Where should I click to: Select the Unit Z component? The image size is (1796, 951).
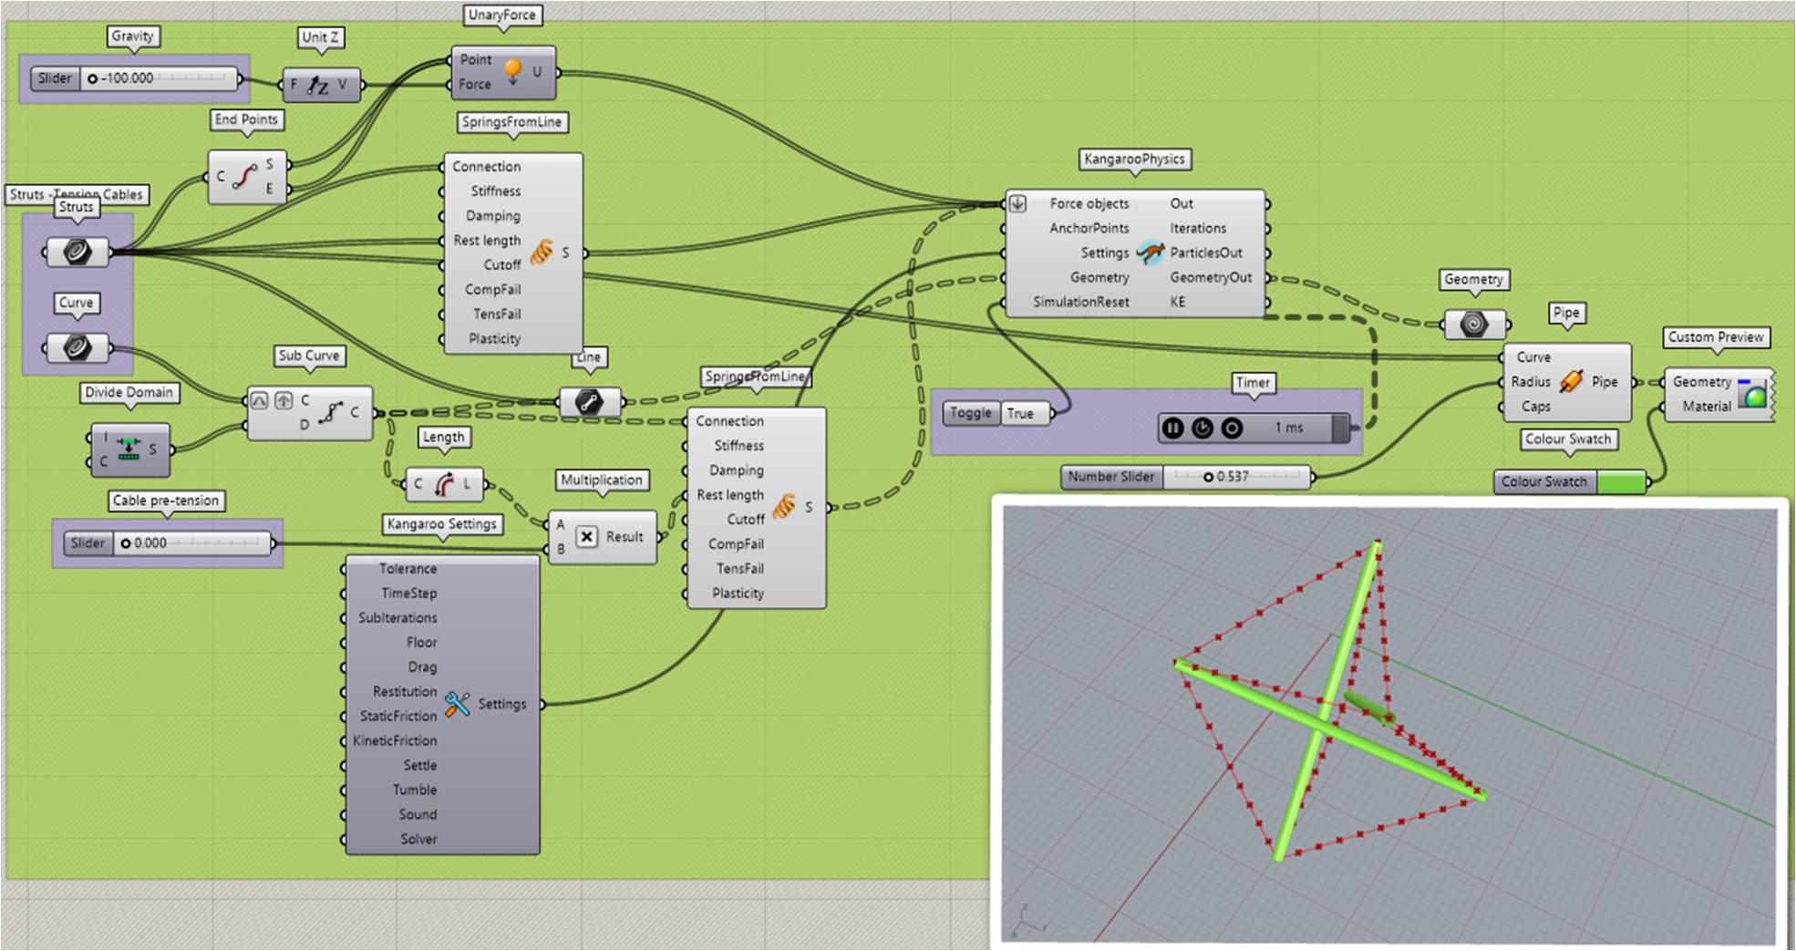(x=321, y=85)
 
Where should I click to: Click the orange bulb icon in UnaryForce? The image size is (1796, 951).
(x=512, y=70)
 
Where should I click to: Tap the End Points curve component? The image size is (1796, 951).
(x=247, y=177)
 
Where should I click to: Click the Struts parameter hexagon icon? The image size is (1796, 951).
(x=77, y=252)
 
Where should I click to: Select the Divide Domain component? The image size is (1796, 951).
(x=130, y=450)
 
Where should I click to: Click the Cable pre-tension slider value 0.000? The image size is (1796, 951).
(x=150, y=543)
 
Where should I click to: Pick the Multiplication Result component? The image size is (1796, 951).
(x=602, y=537)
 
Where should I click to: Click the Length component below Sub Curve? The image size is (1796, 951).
(x=444, y=484)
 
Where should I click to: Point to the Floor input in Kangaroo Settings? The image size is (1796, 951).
(x=421, y=643)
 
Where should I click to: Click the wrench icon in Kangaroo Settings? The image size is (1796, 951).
(x=458, y=704)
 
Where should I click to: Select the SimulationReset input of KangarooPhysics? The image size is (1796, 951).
(x=1080, y=302)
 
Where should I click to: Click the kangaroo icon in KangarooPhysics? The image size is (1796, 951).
(x=1151, y=253)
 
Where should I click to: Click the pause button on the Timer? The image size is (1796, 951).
(x=1173, y=428)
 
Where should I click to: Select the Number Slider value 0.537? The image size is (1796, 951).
(x=1233, y=477)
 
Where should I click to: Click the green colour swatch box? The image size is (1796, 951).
(x=1621, y=481)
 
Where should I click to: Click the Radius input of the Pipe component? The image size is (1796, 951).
(x=1530, y=382)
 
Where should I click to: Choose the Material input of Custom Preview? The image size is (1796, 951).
(x=1706, y=407)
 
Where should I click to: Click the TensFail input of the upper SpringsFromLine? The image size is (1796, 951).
(x=496, y=315)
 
